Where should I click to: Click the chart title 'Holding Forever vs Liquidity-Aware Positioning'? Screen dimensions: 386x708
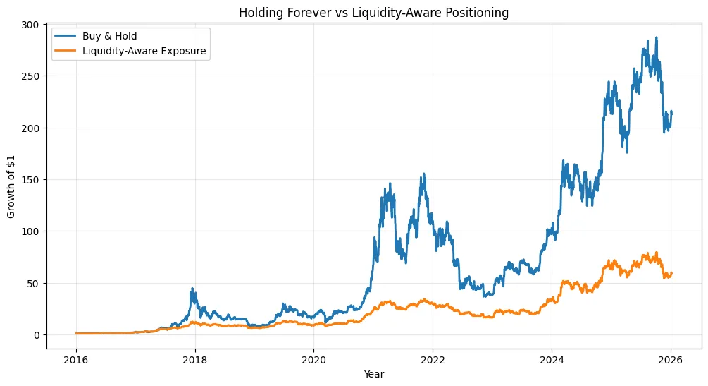point(373,12)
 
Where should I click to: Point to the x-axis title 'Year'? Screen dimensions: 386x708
point(373,374)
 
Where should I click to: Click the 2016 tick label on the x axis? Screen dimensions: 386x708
point(75,359)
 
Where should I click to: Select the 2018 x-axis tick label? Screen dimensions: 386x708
point(194,359)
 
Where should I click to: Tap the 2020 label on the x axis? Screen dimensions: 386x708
point(313,359)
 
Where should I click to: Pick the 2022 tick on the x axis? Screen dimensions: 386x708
point(433,359)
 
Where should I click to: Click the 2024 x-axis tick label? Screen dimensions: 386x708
point(552,359)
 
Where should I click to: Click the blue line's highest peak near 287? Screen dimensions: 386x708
point(657,38)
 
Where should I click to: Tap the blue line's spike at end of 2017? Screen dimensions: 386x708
point(192,289)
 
